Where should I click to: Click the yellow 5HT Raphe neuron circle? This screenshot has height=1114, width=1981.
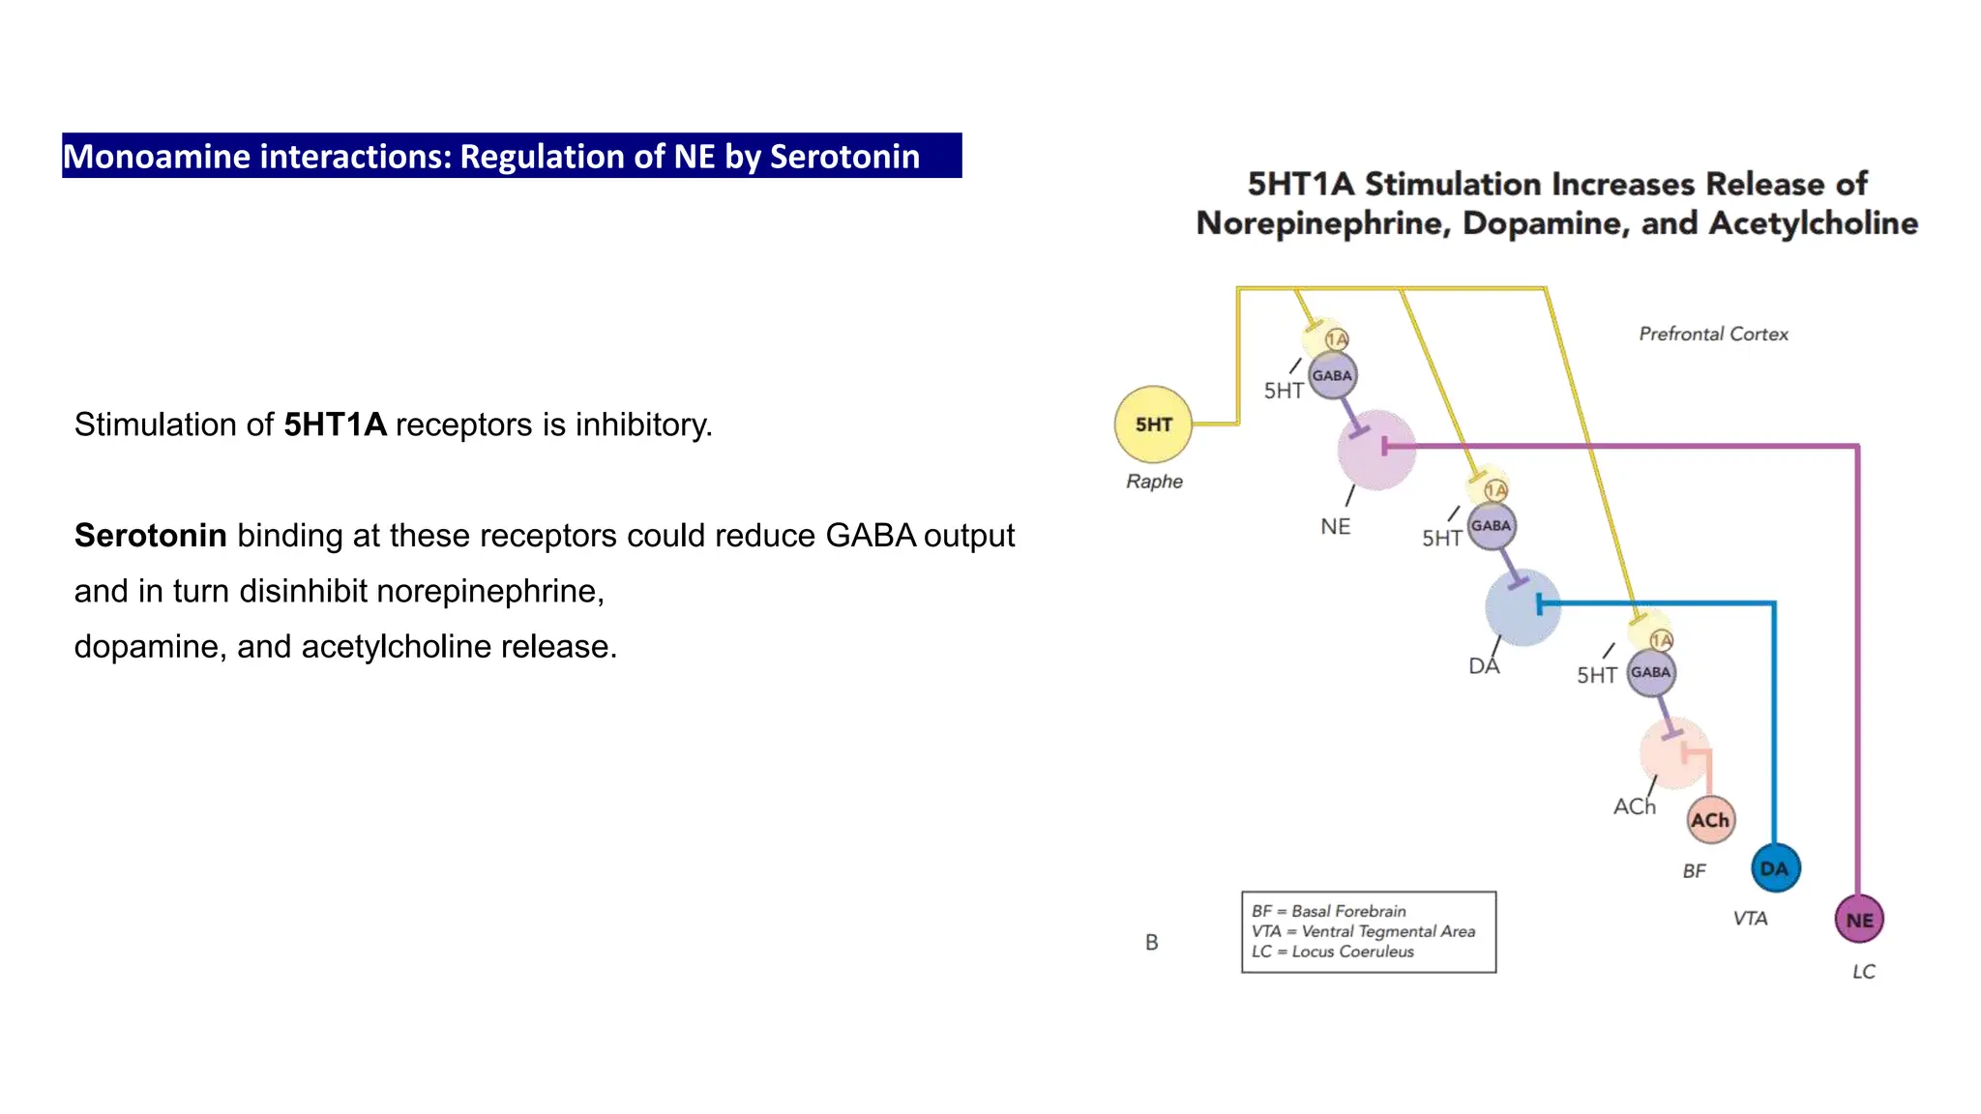[x=1153, y=425]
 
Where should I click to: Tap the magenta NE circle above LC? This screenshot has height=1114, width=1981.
[x=1858, y=920]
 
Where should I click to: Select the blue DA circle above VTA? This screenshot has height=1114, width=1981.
[x=1775, y=868]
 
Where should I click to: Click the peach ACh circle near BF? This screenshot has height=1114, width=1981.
[x=1710, y=820]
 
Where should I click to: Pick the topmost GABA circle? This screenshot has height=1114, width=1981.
[x=1332, y=375]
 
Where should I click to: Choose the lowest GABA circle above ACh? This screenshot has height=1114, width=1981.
[x=1650, y=672]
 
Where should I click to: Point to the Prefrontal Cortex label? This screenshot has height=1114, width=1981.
[x=1713, y=334]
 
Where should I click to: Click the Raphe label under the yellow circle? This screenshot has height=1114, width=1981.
[x=1154, y=482]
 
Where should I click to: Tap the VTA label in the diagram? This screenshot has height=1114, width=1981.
[x=1750, y=919]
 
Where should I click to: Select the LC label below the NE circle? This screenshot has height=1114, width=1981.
[x=1863, y=972]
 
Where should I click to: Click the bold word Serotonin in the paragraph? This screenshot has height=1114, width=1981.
[x=150, y=536]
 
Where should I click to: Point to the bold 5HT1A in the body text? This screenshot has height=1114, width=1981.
[x=335, y=425]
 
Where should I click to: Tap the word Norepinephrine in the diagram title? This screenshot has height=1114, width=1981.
[x=1323, y=223]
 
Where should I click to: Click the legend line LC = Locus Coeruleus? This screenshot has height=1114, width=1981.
[x=1332, y=952]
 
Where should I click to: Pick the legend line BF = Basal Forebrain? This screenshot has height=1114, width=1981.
[x=1328, y=911]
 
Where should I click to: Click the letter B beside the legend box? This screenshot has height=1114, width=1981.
[x=1151, y=942]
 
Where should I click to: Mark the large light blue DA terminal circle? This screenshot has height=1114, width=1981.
[x=1522, y=607]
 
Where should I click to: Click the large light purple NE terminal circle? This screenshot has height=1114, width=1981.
[x=1375, y=449]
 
